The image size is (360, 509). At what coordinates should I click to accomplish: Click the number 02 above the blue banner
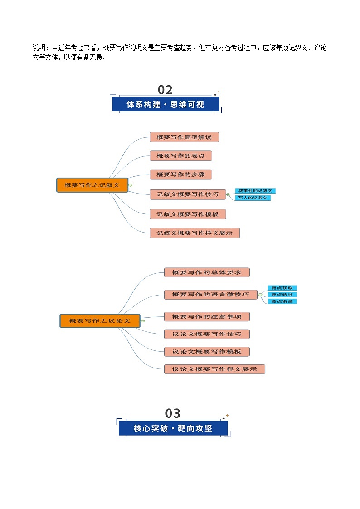165,89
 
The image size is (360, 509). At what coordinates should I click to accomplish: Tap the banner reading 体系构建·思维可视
165,105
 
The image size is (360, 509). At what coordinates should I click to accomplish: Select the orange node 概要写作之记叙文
92,185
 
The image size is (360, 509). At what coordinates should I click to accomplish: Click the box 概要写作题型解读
184,137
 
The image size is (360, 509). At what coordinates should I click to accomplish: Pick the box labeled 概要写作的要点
180,155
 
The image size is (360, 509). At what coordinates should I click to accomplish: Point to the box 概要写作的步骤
180,174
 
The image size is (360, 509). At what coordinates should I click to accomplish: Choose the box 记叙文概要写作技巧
188,194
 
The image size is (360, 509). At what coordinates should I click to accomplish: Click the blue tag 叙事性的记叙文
255,191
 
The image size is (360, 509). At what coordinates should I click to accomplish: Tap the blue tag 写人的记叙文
253,198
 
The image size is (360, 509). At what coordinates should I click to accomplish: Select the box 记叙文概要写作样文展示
195,233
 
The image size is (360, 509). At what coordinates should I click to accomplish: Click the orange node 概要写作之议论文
100,320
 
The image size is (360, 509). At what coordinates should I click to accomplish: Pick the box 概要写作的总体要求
207,272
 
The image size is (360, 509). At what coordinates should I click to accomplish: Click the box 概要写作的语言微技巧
210,294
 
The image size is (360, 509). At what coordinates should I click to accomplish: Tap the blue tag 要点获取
282,288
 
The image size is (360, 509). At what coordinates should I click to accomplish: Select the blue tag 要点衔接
282,301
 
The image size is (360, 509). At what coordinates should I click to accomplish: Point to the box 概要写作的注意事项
207,316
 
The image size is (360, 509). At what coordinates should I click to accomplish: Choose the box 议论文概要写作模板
207,351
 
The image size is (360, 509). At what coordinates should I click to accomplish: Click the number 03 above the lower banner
173,413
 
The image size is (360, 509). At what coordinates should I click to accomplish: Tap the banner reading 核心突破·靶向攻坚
173,428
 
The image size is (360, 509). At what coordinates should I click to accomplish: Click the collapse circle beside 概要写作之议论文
143,321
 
